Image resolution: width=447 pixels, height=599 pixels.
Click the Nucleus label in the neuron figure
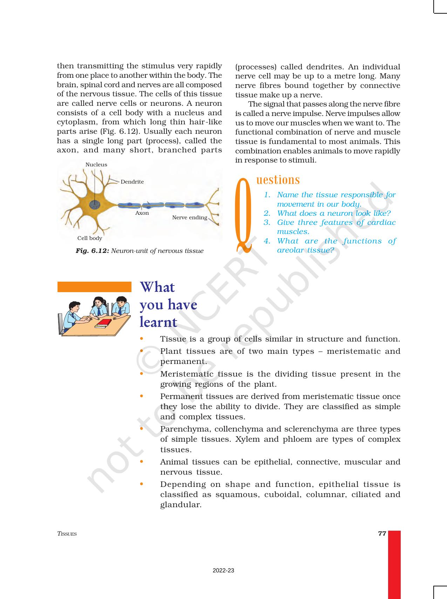[x=96, y=165]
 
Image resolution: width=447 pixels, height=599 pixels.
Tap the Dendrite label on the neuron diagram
[x=132, y=182]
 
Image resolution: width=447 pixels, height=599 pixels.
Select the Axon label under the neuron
[x=142, y=213]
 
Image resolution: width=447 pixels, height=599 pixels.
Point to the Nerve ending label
[x=189, y=218]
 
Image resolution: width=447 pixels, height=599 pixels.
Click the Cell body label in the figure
[x=90, y=238]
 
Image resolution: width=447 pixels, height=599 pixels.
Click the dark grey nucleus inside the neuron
[x=94, y=205]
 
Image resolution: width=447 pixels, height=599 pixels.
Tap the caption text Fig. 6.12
[x=93, y=251]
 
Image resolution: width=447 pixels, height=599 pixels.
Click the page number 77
[x=382, y=533]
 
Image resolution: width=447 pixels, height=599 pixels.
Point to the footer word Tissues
[x=67, y=534]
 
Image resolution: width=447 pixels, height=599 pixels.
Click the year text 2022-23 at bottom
[x=223, y=571]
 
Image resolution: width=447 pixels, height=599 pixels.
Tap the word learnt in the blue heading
[x=158, y=322]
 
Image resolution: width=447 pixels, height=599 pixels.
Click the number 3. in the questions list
[x=267, y=222]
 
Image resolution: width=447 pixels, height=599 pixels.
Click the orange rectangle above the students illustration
[x=94, y=287]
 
